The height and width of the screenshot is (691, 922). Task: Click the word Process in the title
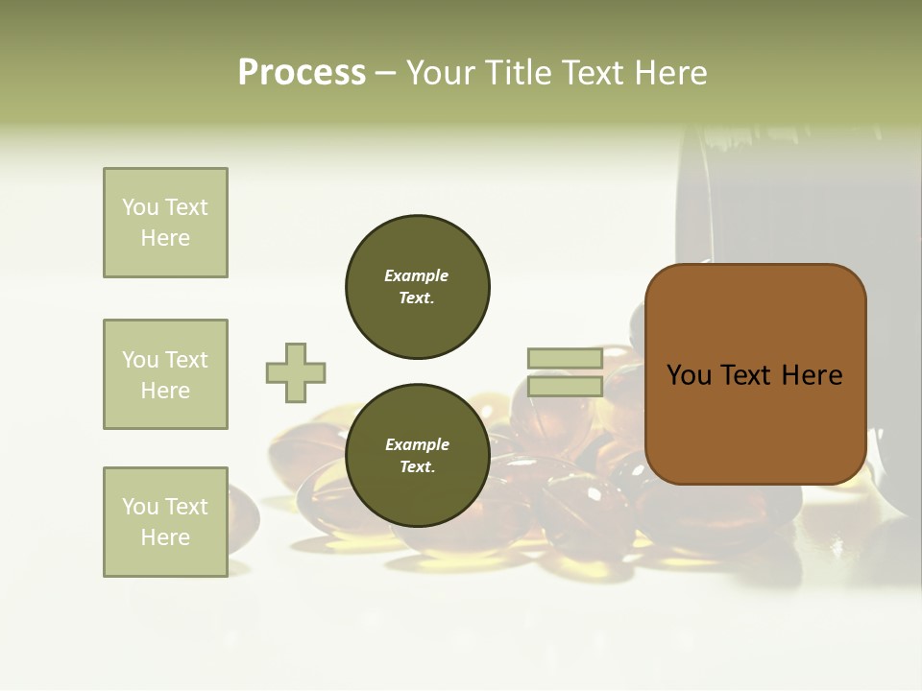[x=302, y=73]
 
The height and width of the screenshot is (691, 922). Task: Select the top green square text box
[x=165, y=223]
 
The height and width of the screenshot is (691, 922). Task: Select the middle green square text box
[x=165, y=374]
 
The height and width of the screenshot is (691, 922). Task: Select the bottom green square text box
[x=165, y=522]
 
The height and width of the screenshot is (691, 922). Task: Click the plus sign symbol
[x=296, y=372]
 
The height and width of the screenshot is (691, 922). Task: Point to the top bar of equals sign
[x=565, y=359]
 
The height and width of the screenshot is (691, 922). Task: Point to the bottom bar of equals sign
[x=565, y=387]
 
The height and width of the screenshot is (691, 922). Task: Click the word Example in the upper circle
[x=417, y=275]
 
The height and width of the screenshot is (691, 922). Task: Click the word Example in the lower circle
[x=417, y=444]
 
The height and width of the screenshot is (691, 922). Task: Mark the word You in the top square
[x=140, y=207]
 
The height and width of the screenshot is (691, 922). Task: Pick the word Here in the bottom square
[x=165, y=537]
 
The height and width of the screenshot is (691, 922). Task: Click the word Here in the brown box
[x=812, y=375]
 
